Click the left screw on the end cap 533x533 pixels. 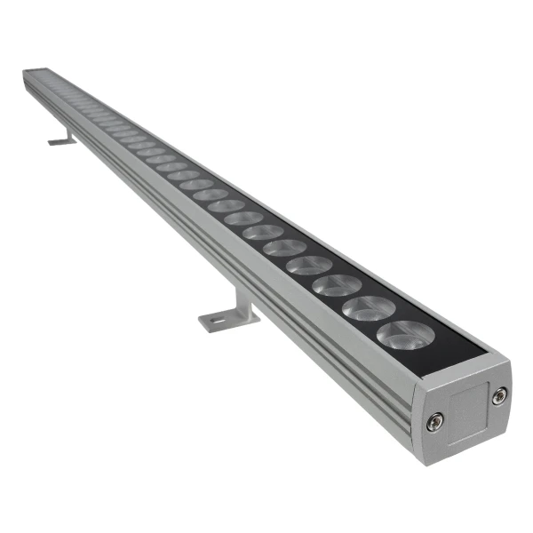pyautogui.click(x=433, y=423)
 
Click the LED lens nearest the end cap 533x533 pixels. pyautogui.click(x=405, y=336)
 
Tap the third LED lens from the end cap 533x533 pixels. pyautogui.click(x=338, y=285)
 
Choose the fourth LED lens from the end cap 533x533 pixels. pyautogui.click(x=309, y=265)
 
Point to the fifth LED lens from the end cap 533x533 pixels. pyautogui.click(x=284, y=247)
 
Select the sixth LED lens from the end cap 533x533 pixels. pyautogui.click(x=263, y=231)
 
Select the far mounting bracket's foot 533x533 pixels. pyautogui.click(x=60, y=141)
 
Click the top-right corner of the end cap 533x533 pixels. pyautogui.click(x=508, y=359)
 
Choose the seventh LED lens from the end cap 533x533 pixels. pyautogui.click(x=243, y=218)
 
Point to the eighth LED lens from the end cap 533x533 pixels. pyautogui.click(x=227, y=205)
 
